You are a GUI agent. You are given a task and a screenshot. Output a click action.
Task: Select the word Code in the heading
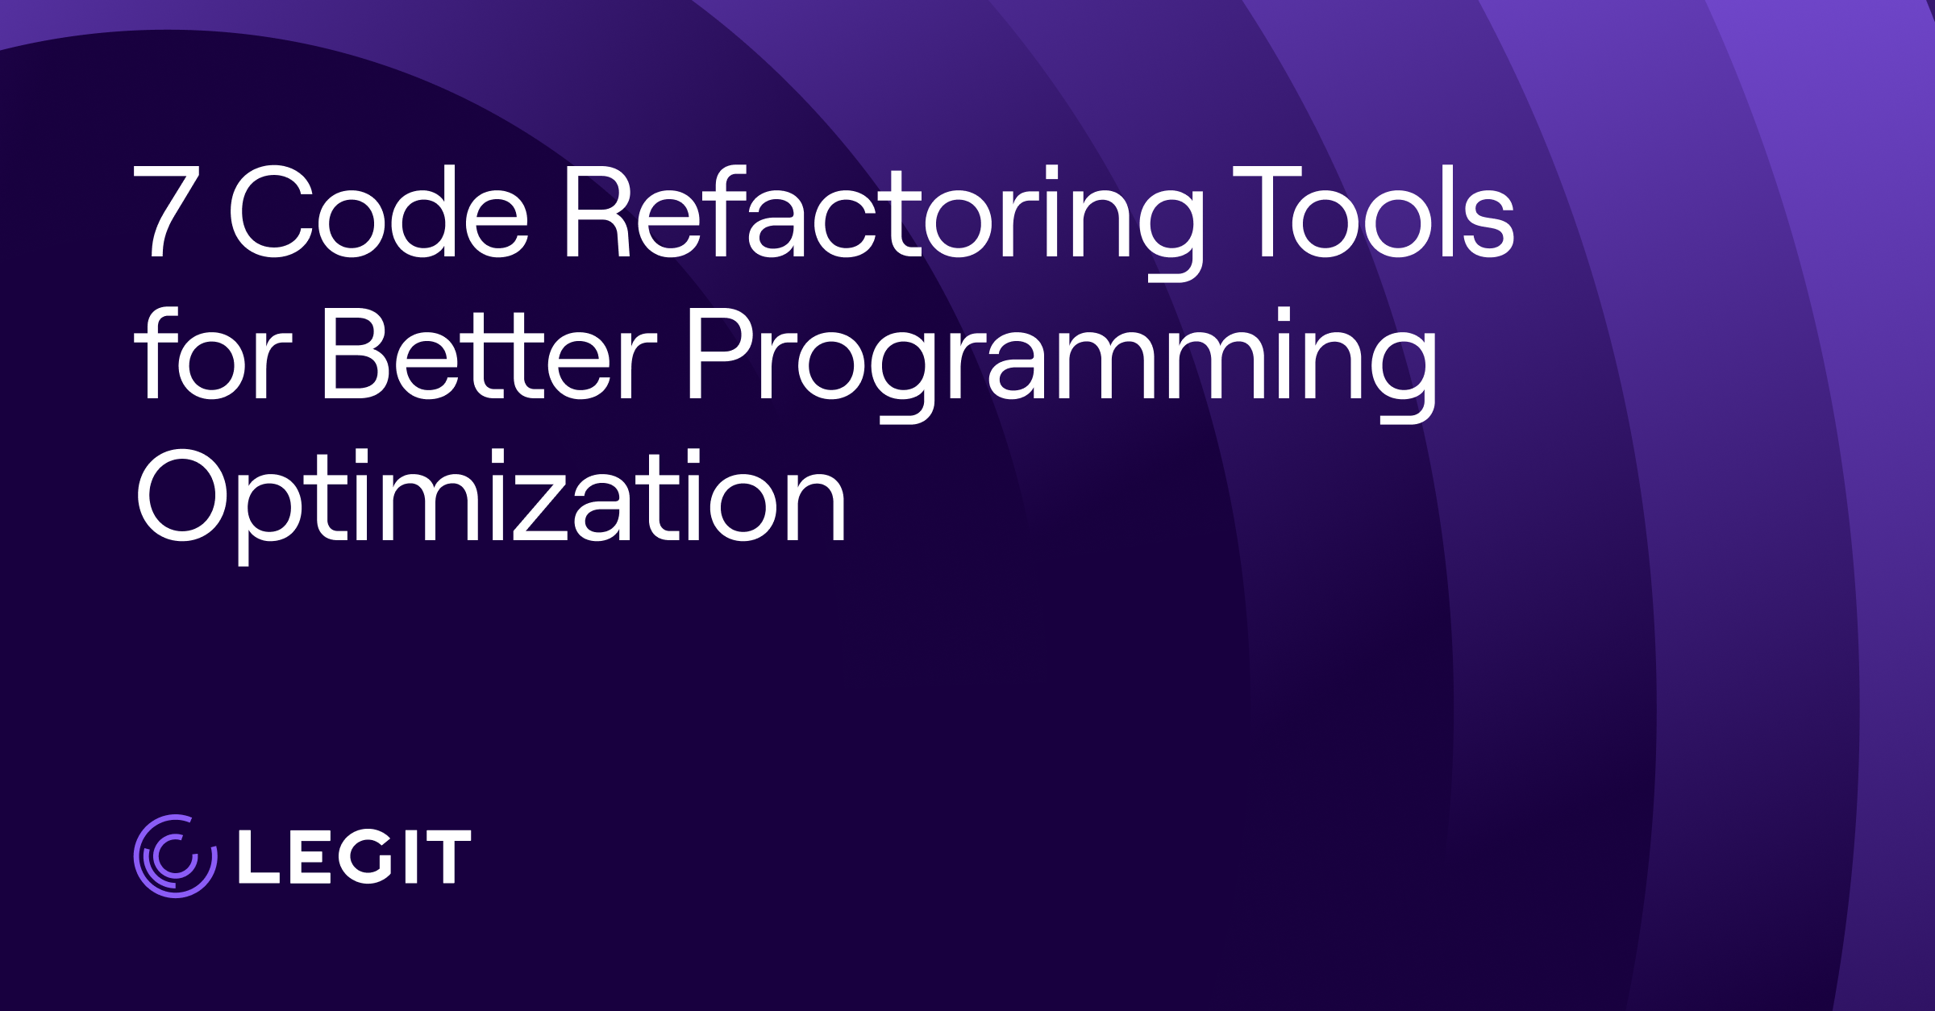[379, 211]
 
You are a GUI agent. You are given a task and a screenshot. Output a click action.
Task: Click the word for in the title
[214, 353]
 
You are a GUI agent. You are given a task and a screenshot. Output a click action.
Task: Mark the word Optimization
[491, 505]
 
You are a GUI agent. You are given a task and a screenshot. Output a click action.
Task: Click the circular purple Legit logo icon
[176, 856]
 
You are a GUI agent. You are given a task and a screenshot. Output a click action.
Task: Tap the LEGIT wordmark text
[355, 856]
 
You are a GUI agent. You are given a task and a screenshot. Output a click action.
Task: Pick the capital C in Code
[272, 211]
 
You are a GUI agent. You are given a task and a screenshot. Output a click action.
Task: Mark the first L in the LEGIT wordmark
[257, 856]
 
